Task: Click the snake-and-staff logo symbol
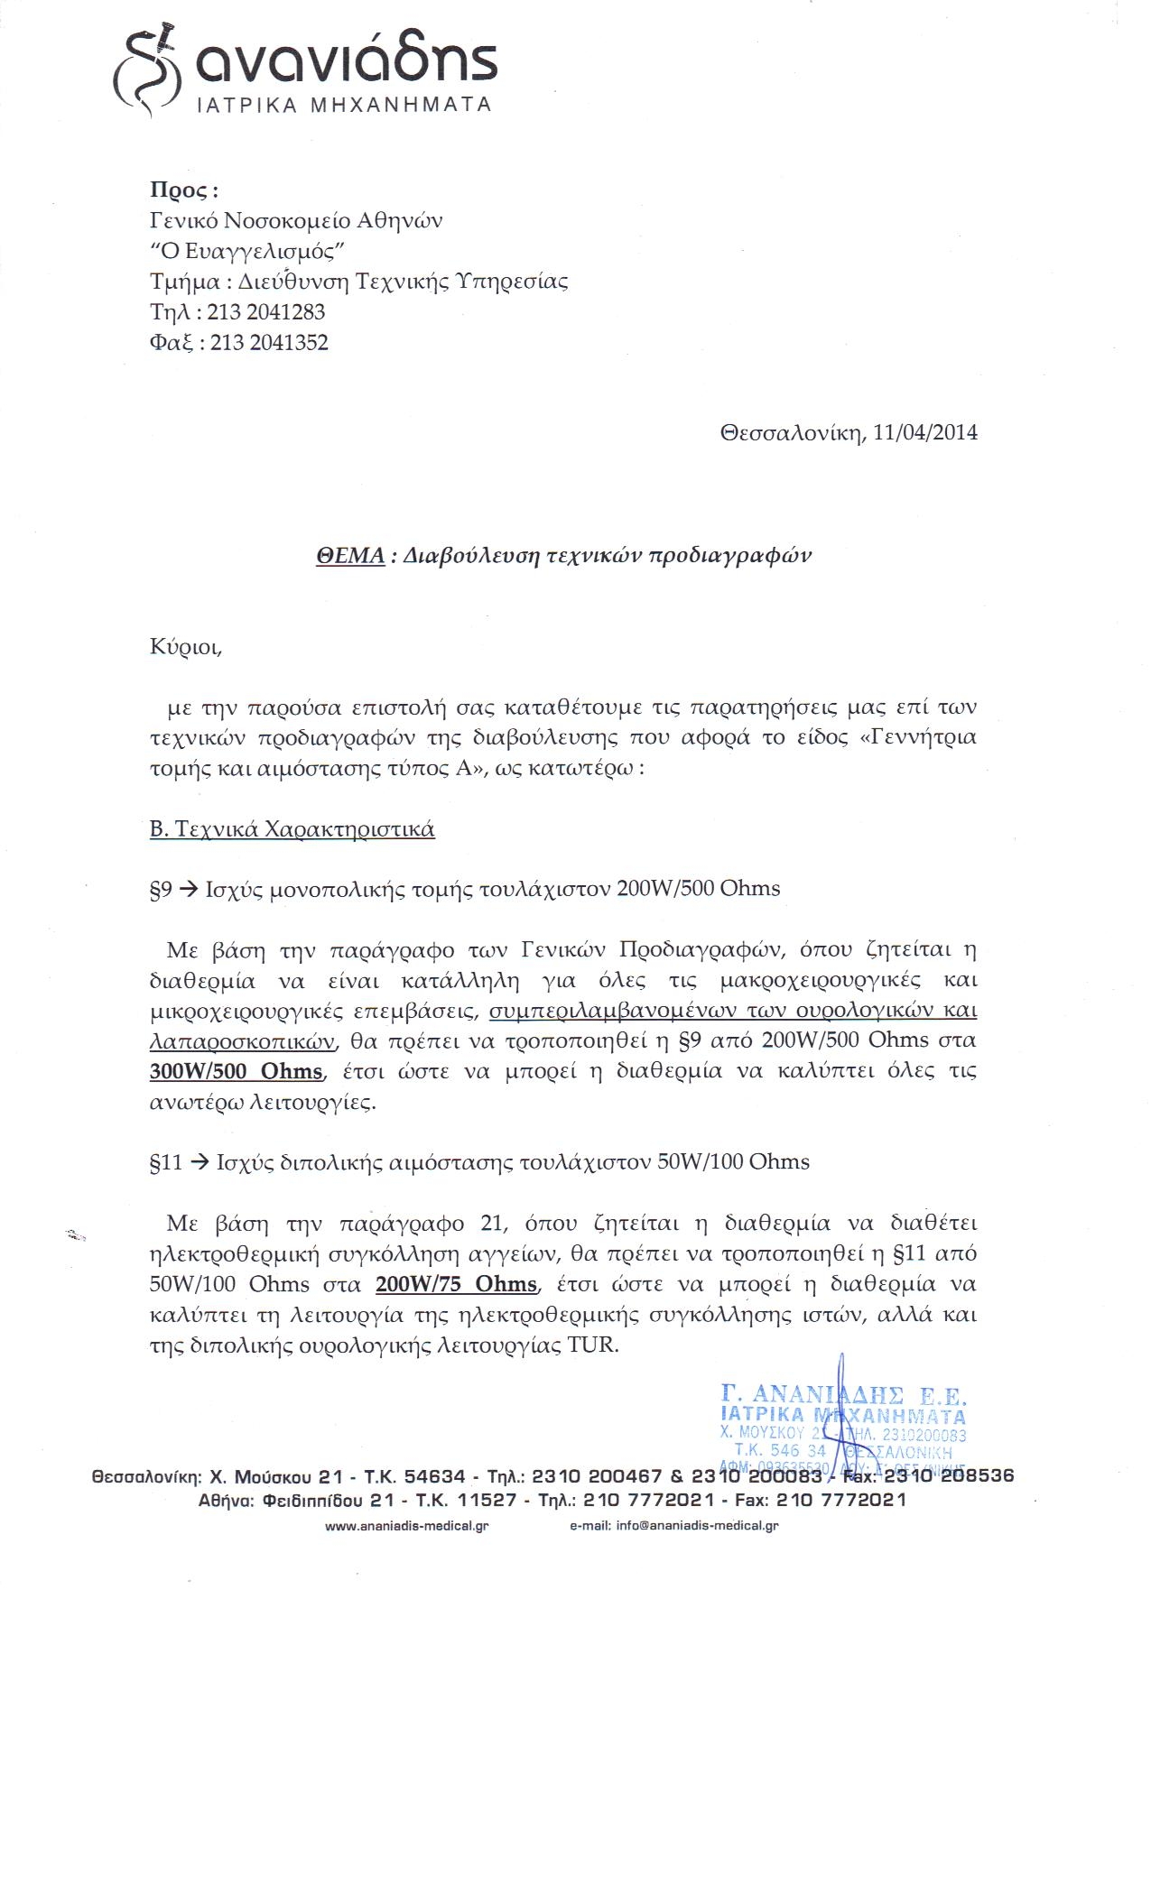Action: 146,70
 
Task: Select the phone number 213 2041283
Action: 266,312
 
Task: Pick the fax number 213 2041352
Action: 269,343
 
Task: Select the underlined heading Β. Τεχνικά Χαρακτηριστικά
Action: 292,829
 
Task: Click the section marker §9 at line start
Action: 161,889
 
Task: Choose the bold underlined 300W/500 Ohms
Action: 236,1071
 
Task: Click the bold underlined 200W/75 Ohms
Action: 456,1284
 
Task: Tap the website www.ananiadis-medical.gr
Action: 406,1526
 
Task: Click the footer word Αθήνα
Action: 226,1500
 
